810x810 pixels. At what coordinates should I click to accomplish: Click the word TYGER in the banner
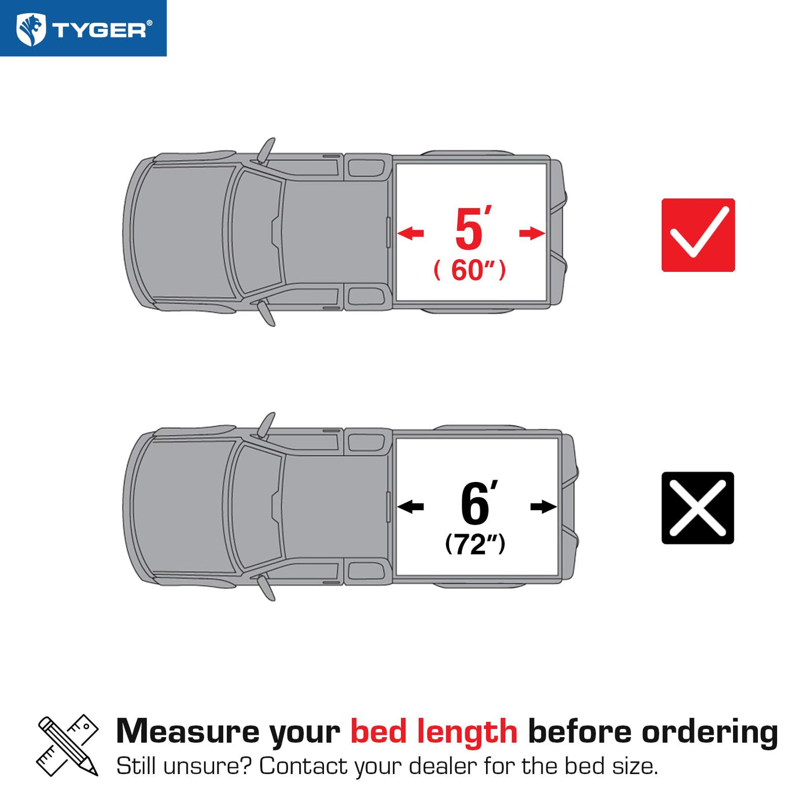pos(99,30)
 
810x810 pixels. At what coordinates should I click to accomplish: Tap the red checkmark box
pos(698,235)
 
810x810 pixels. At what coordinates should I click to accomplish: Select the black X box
pos(697,508)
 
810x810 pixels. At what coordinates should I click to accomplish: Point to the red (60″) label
pos(470,270)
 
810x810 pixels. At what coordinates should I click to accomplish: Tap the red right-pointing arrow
pos(532,233)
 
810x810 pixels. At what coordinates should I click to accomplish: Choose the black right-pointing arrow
pos(544,506)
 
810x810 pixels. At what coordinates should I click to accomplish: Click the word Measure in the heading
pos(187,732)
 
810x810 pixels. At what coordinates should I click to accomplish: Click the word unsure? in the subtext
pos(207,766)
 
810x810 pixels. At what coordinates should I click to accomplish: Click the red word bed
pos(379,732)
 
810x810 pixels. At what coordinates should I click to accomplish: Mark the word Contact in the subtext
pos(304,766)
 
